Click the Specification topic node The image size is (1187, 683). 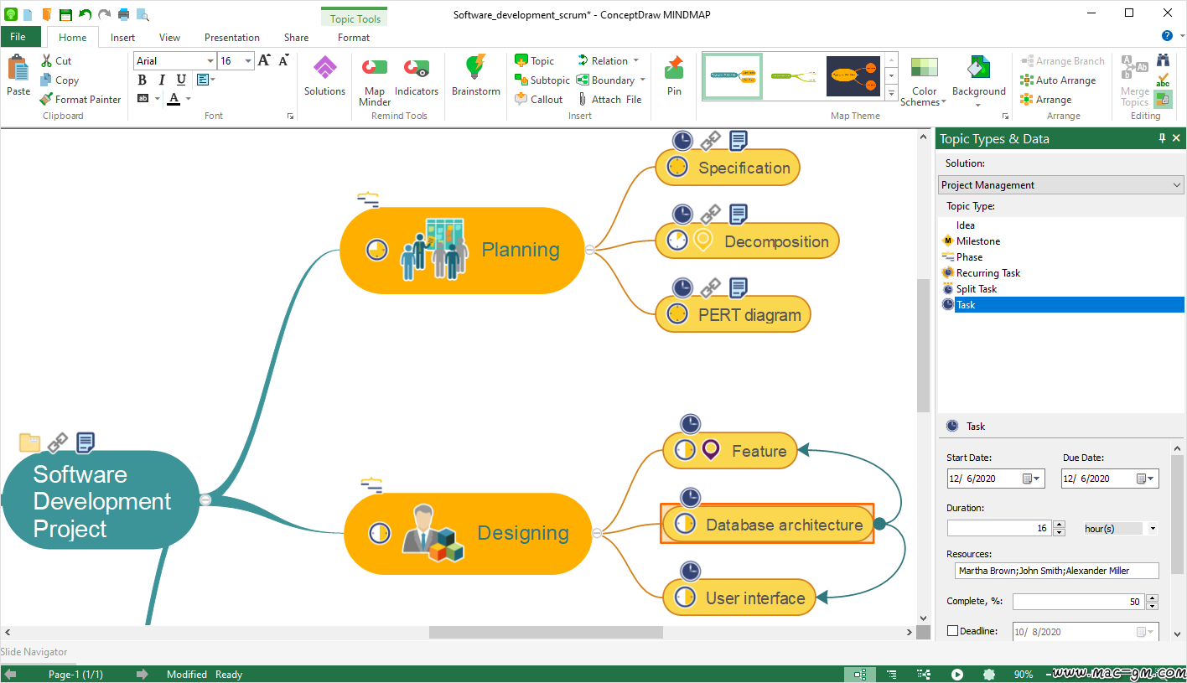click(727, 168)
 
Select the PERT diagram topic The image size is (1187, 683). click(733, 315)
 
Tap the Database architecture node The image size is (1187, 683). click(767, 525)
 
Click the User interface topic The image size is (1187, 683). click(739, 598)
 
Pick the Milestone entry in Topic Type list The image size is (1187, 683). click(977, 241)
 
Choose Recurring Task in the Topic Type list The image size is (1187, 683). click(987, 273)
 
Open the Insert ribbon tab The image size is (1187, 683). click(122, 38)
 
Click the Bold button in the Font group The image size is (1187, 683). click(142, 80)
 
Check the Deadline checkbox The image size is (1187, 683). click(953, 630)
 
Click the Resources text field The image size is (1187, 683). click(1056, 571)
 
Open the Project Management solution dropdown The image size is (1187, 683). click(1060, 185)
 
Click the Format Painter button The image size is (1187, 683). click(80, 100)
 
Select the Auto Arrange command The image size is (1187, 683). click(1058, 80)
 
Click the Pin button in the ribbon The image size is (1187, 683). click(674, 75)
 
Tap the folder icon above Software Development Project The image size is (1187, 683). click(29, 442)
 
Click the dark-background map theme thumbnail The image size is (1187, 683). click(853, 76)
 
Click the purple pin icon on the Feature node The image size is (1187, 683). click(711, 450)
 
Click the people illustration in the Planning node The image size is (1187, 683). click(434, 249)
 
